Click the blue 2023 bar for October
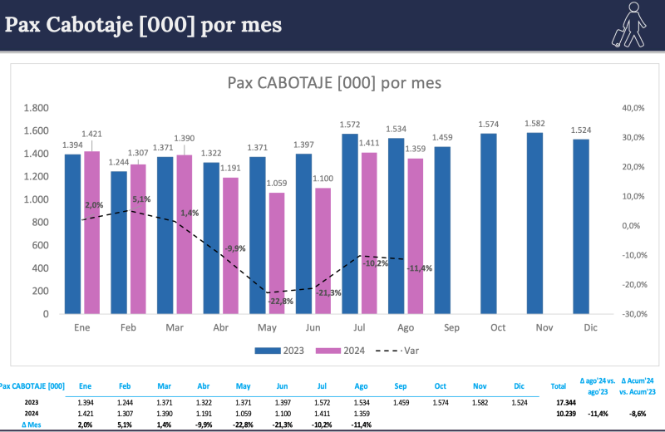[x=488, y=223]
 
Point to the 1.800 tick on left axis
[x=35, y=108]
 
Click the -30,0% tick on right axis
[x=634, y=314]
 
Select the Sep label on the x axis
[x=451, y=328]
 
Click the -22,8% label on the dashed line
[x=280, y=301]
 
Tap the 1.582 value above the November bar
[x=534, y=124]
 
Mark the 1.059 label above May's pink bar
[x=276, y=184]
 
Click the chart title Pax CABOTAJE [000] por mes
[x=334, y=82]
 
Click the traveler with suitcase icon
[x=628, y=24]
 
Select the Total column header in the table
[x=559, y=386]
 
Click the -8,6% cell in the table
[x=638, y=413]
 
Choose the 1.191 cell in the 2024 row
[x=203, y=413]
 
